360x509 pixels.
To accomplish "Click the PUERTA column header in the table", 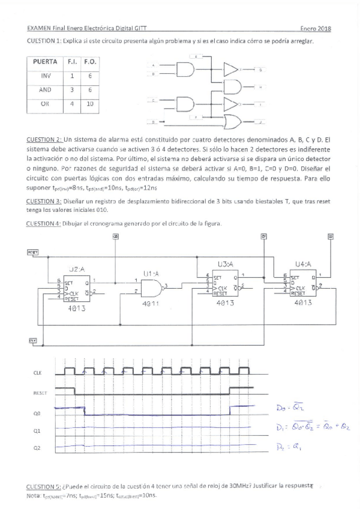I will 46,61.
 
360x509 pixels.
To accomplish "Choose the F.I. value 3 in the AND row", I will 71,89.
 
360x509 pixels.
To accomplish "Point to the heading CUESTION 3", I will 44,202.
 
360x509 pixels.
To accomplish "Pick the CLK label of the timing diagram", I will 38,373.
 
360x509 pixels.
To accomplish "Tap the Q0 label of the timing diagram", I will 37,412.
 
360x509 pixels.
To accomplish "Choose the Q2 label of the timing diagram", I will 37,447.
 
